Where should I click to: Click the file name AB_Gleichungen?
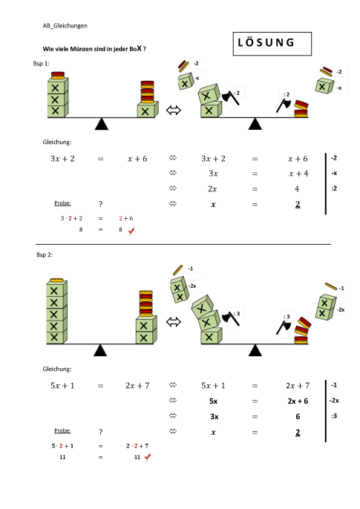click(x=68, y=25)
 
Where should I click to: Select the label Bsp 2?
click(x=45, y=255)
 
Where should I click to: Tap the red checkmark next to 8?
click(x=131, y=231)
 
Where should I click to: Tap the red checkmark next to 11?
click(x=147, y=458)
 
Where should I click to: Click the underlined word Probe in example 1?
click(x=63, y=203)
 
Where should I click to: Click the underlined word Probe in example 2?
click(x=63, y=430)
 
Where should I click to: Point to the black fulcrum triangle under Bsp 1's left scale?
click(x=102, y=124)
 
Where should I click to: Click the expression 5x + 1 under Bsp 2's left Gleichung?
click(x=62, y=386)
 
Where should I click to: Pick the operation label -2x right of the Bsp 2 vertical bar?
click(x=334, y=400)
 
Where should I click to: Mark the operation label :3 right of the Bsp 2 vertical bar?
click(x=334, y=416)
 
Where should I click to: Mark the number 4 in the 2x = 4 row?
click(x=297, y=188)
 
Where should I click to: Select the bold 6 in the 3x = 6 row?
click(x=297, y=416)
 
